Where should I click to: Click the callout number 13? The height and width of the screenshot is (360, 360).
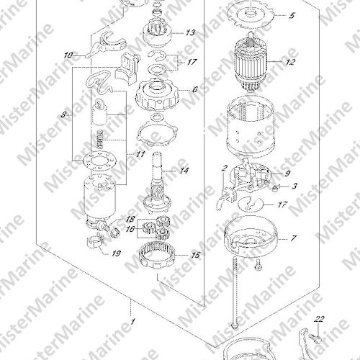[189, 32]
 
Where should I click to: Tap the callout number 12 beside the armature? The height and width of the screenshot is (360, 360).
[289, 62]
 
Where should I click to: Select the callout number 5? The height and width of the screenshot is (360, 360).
[292, 16]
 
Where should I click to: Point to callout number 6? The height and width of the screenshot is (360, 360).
[194, 90]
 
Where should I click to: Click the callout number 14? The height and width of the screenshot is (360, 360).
[184, 171]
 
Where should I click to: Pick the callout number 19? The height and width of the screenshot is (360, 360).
[116, 253]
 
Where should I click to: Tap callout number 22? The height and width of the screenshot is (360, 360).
[319, 319]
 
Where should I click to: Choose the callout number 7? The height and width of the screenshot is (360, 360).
[293, 238]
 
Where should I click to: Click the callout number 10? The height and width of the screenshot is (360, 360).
[68, 55]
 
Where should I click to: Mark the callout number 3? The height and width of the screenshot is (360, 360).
[294, 186]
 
